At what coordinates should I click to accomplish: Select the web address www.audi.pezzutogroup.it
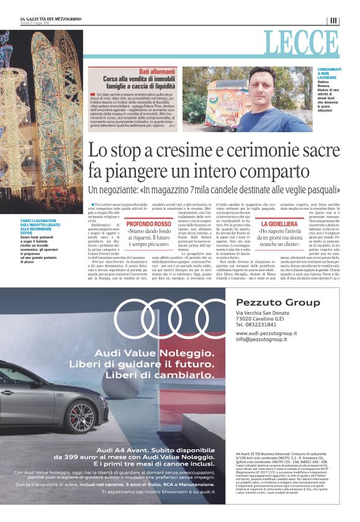pyautogui.click(x=270, y=333)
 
